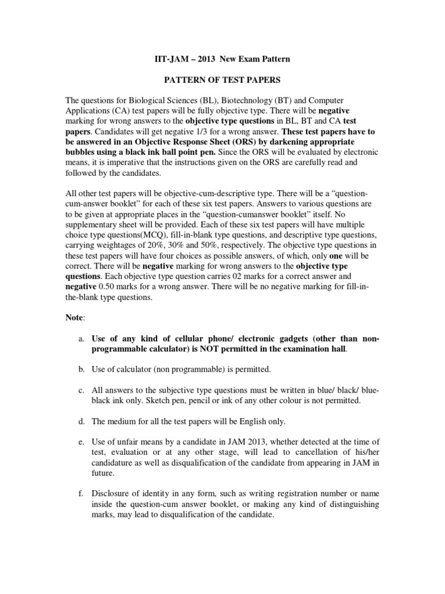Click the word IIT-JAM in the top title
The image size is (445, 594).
160,59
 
